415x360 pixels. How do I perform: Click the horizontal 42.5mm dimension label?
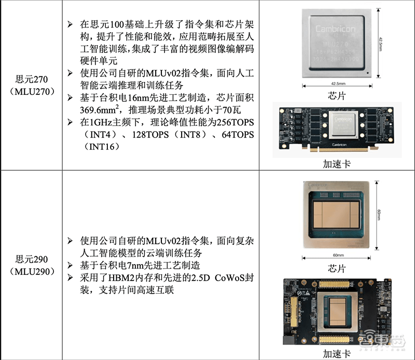[338, 84]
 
